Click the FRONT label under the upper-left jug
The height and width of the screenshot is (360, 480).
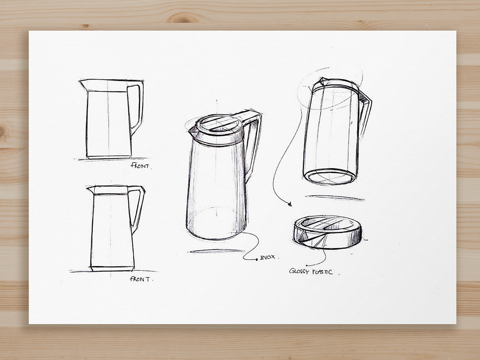click(x=140, y=166)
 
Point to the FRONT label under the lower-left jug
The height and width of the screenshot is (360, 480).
click(x=140, y=279)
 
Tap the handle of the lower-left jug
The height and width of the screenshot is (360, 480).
click(x=138, y=206)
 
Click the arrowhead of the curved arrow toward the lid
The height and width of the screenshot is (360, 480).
click(x=290, y=205)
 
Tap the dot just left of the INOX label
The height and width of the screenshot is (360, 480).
click(x=257, y=260)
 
